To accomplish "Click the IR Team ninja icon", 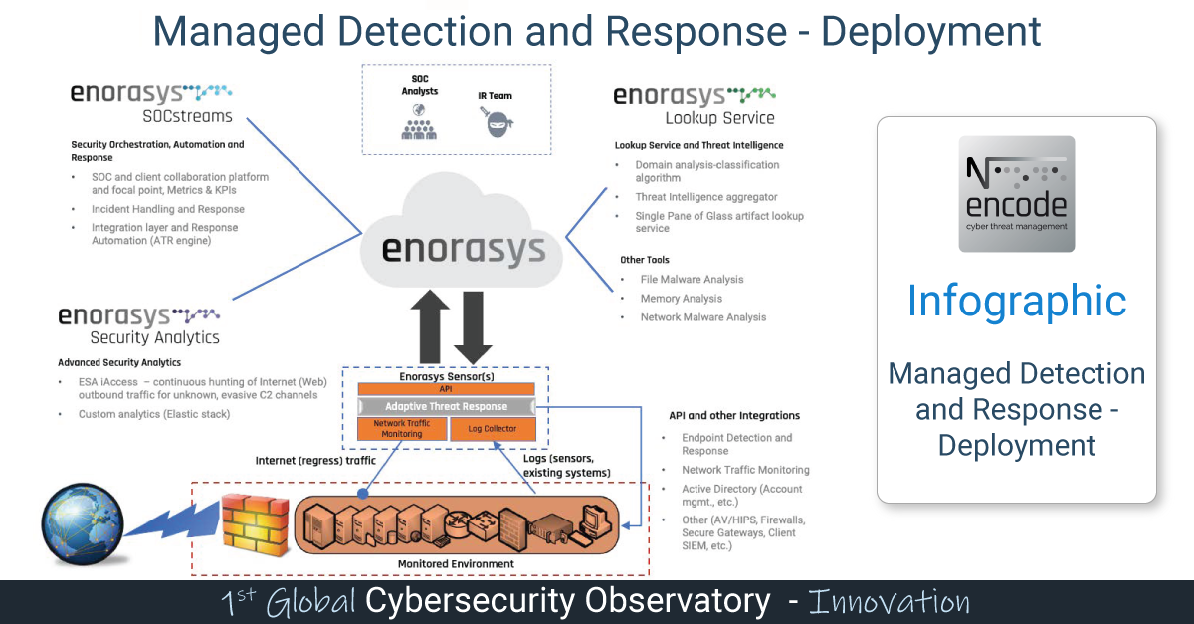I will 495,123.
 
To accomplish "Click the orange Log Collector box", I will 492,429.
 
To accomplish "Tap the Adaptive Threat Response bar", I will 446,406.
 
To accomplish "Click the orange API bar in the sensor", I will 446,389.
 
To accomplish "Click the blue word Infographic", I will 1016,301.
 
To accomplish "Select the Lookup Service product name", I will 723,118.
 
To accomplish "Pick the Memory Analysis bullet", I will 682,299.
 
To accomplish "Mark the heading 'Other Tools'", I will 644,260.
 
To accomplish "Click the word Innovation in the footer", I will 889,601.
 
